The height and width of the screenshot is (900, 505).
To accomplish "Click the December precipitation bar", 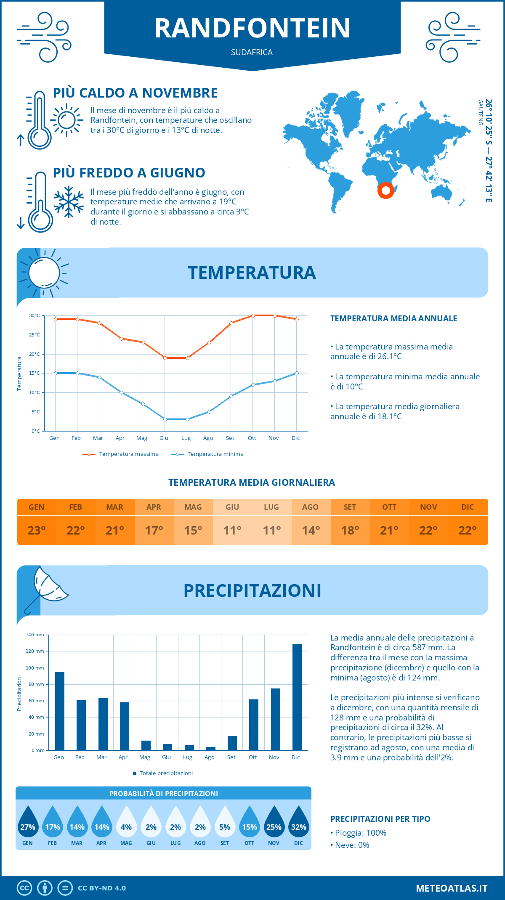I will [297, 697].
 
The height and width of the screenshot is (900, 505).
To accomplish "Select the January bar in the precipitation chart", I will [60, 711].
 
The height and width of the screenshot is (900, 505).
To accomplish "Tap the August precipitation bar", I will [210, 749].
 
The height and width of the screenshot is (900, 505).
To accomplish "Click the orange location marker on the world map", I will [385, 190].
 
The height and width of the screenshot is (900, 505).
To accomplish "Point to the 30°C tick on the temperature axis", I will [35, 315].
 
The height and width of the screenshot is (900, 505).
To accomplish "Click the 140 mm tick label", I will [35, 635].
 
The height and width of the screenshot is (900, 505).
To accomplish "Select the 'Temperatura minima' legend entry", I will [207, 454].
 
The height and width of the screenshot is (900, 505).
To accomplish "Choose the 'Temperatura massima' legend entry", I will [121, 454].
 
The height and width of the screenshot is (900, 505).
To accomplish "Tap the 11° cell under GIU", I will [232, 530].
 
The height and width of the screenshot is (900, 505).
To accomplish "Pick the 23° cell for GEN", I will [37, 530].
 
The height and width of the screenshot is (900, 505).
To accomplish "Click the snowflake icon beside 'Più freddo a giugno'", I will [69, 202].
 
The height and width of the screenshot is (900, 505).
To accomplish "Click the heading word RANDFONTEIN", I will [252, 28].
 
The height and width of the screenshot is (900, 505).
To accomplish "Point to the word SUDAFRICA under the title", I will [252, 53].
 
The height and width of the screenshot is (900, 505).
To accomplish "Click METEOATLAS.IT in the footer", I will [451, 888].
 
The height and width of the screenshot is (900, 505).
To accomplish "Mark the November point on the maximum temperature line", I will [275, 315].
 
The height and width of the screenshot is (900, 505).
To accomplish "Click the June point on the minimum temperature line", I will [165, 419].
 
